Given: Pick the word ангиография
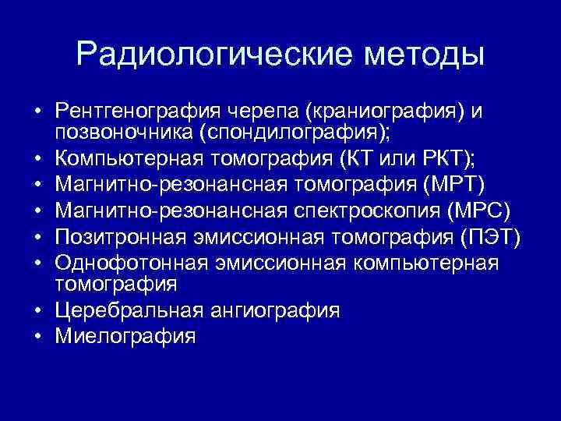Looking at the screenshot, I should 274,310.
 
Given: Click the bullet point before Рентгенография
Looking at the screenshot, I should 37,111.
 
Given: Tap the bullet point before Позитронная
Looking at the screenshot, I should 37,236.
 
